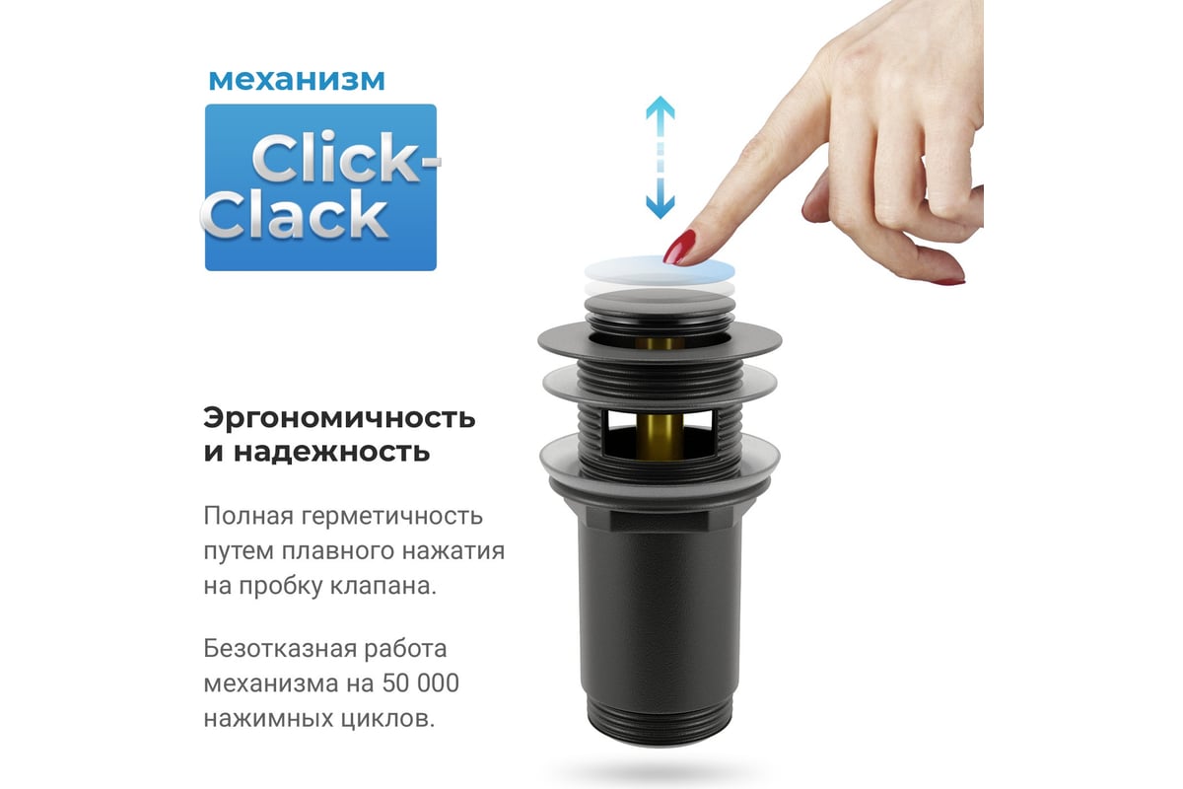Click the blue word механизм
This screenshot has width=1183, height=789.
click(x=297, y=80)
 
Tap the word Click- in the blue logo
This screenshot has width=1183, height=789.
click(x=346, y=158)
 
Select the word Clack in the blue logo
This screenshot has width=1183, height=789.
click(x=295, y=215)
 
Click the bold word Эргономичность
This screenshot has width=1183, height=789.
click(x=339, y=419)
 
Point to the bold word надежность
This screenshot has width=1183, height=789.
click(x=331, y=453)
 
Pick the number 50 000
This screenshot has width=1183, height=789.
click(x=420, y=683)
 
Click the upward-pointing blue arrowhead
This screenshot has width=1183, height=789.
click(x=661, y=107)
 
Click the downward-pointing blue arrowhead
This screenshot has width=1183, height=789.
click(x=661, y=206)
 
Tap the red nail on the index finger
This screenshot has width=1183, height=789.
click(x=678, y=247)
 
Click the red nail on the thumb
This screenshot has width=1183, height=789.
click(x=948, y=282)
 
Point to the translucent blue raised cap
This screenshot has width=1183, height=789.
click(x=660, y=269)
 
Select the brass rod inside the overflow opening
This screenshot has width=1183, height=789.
click(x=660, y=437)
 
